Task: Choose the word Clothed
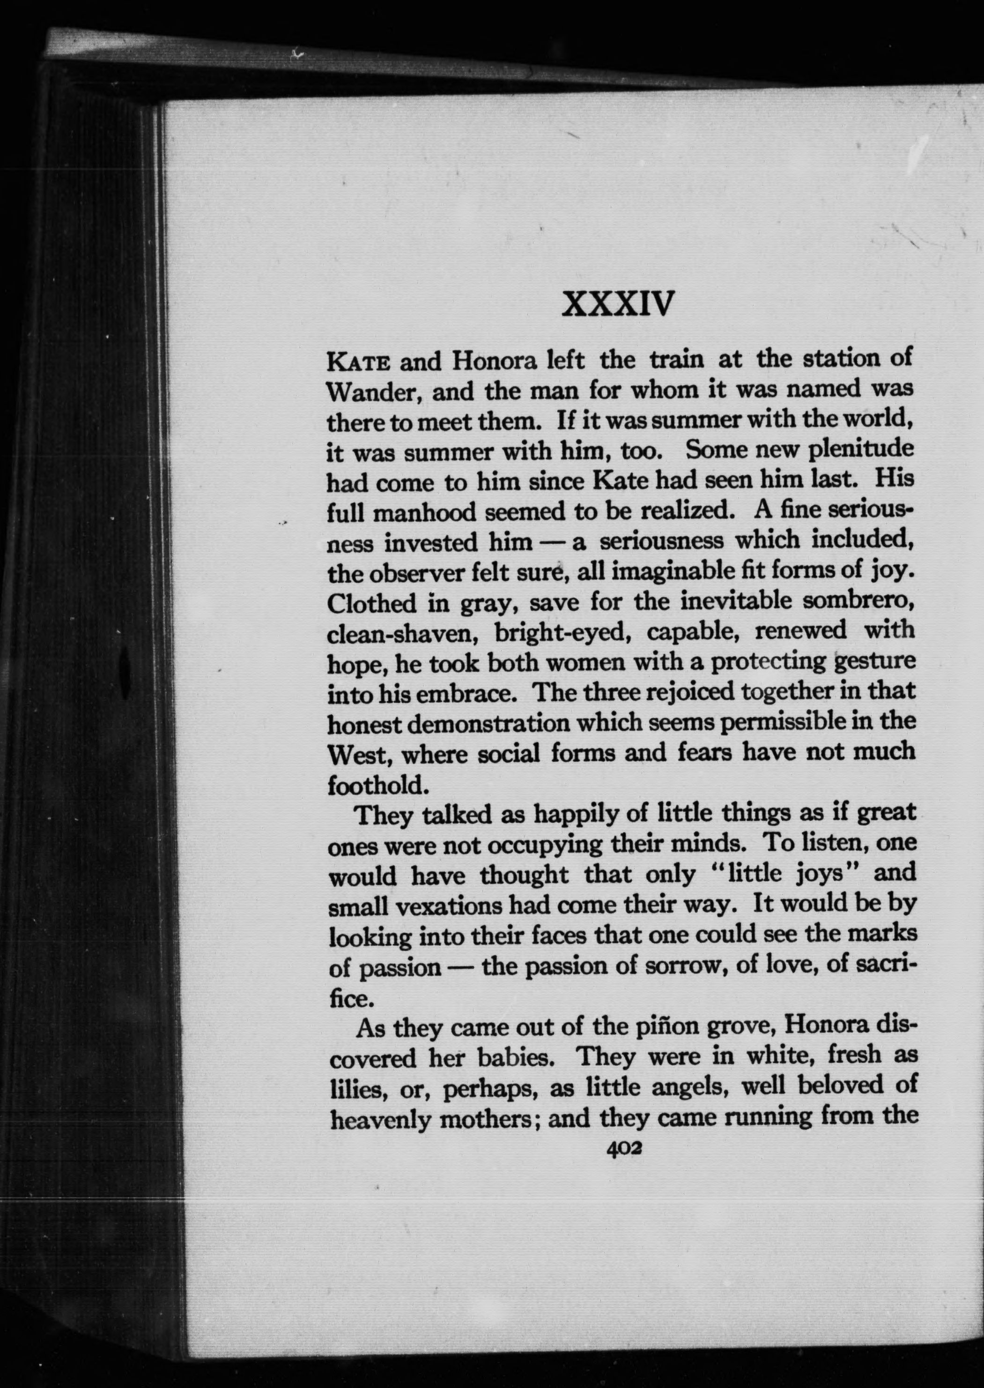[373, 603]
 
